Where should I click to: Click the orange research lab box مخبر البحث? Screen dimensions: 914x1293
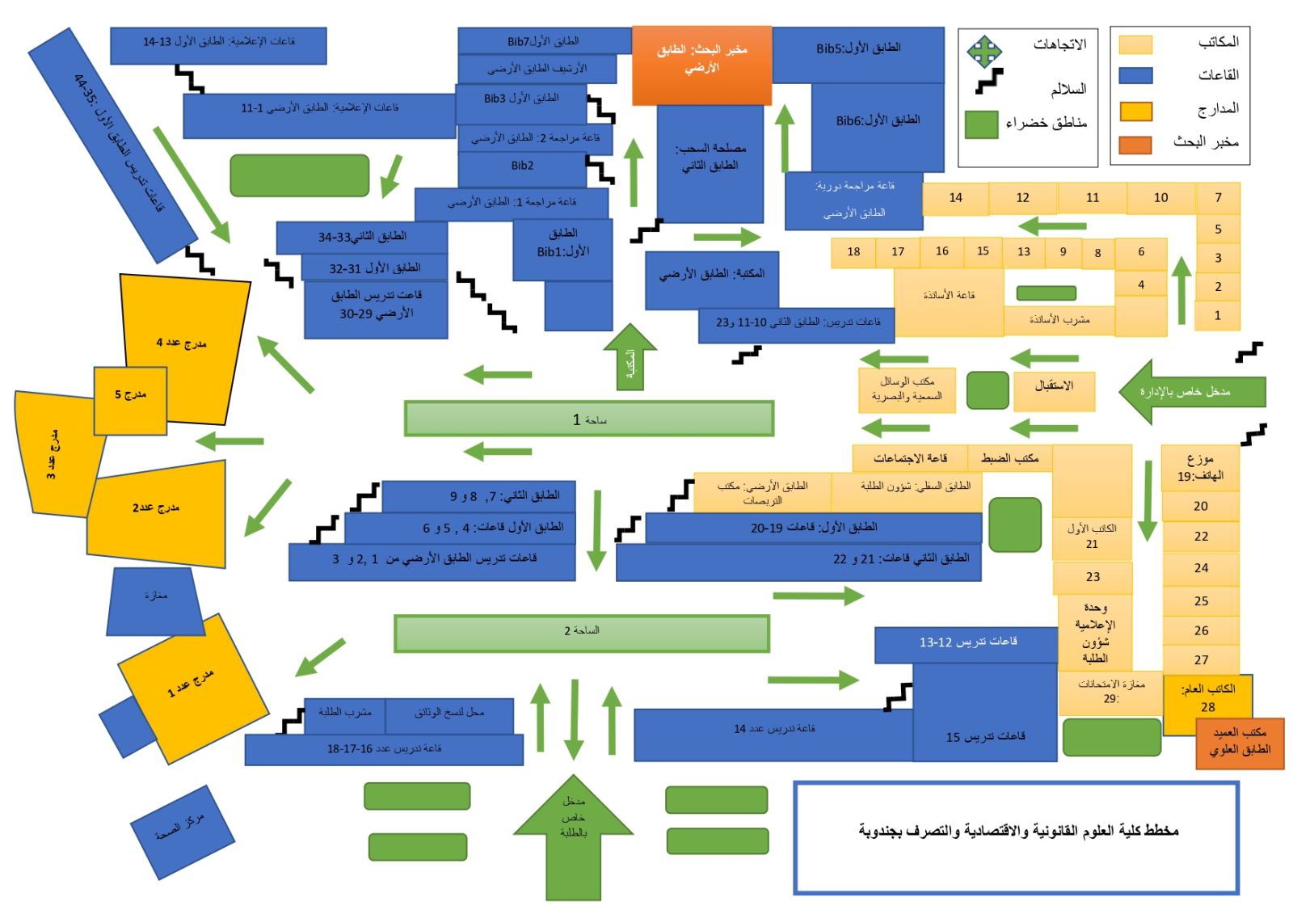701,65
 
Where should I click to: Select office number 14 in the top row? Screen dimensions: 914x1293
955,198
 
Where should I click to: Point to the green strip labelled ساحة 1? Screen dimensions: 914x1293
588,419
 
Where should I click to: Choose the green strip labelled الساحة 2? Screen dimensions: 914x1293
581,633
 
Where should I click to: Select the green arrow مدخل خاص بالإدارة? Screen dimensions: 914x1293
1192,392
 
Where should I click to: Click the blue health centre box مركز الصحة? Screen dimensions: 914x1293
183,832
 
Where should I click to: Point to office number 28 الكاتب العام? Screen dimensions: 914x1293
1207,699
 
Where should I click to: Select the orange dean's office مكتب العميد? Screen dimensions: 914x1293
1240,743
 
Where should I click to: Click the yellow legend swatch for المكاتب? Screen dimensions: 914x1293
1135,44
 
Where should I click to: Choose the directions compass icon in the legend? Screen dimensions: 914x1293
984,51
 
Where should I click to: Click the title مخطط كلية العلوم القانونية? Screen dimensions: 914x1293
1017,831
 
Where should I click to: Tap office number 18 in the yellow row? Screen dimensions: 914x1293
853,252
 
